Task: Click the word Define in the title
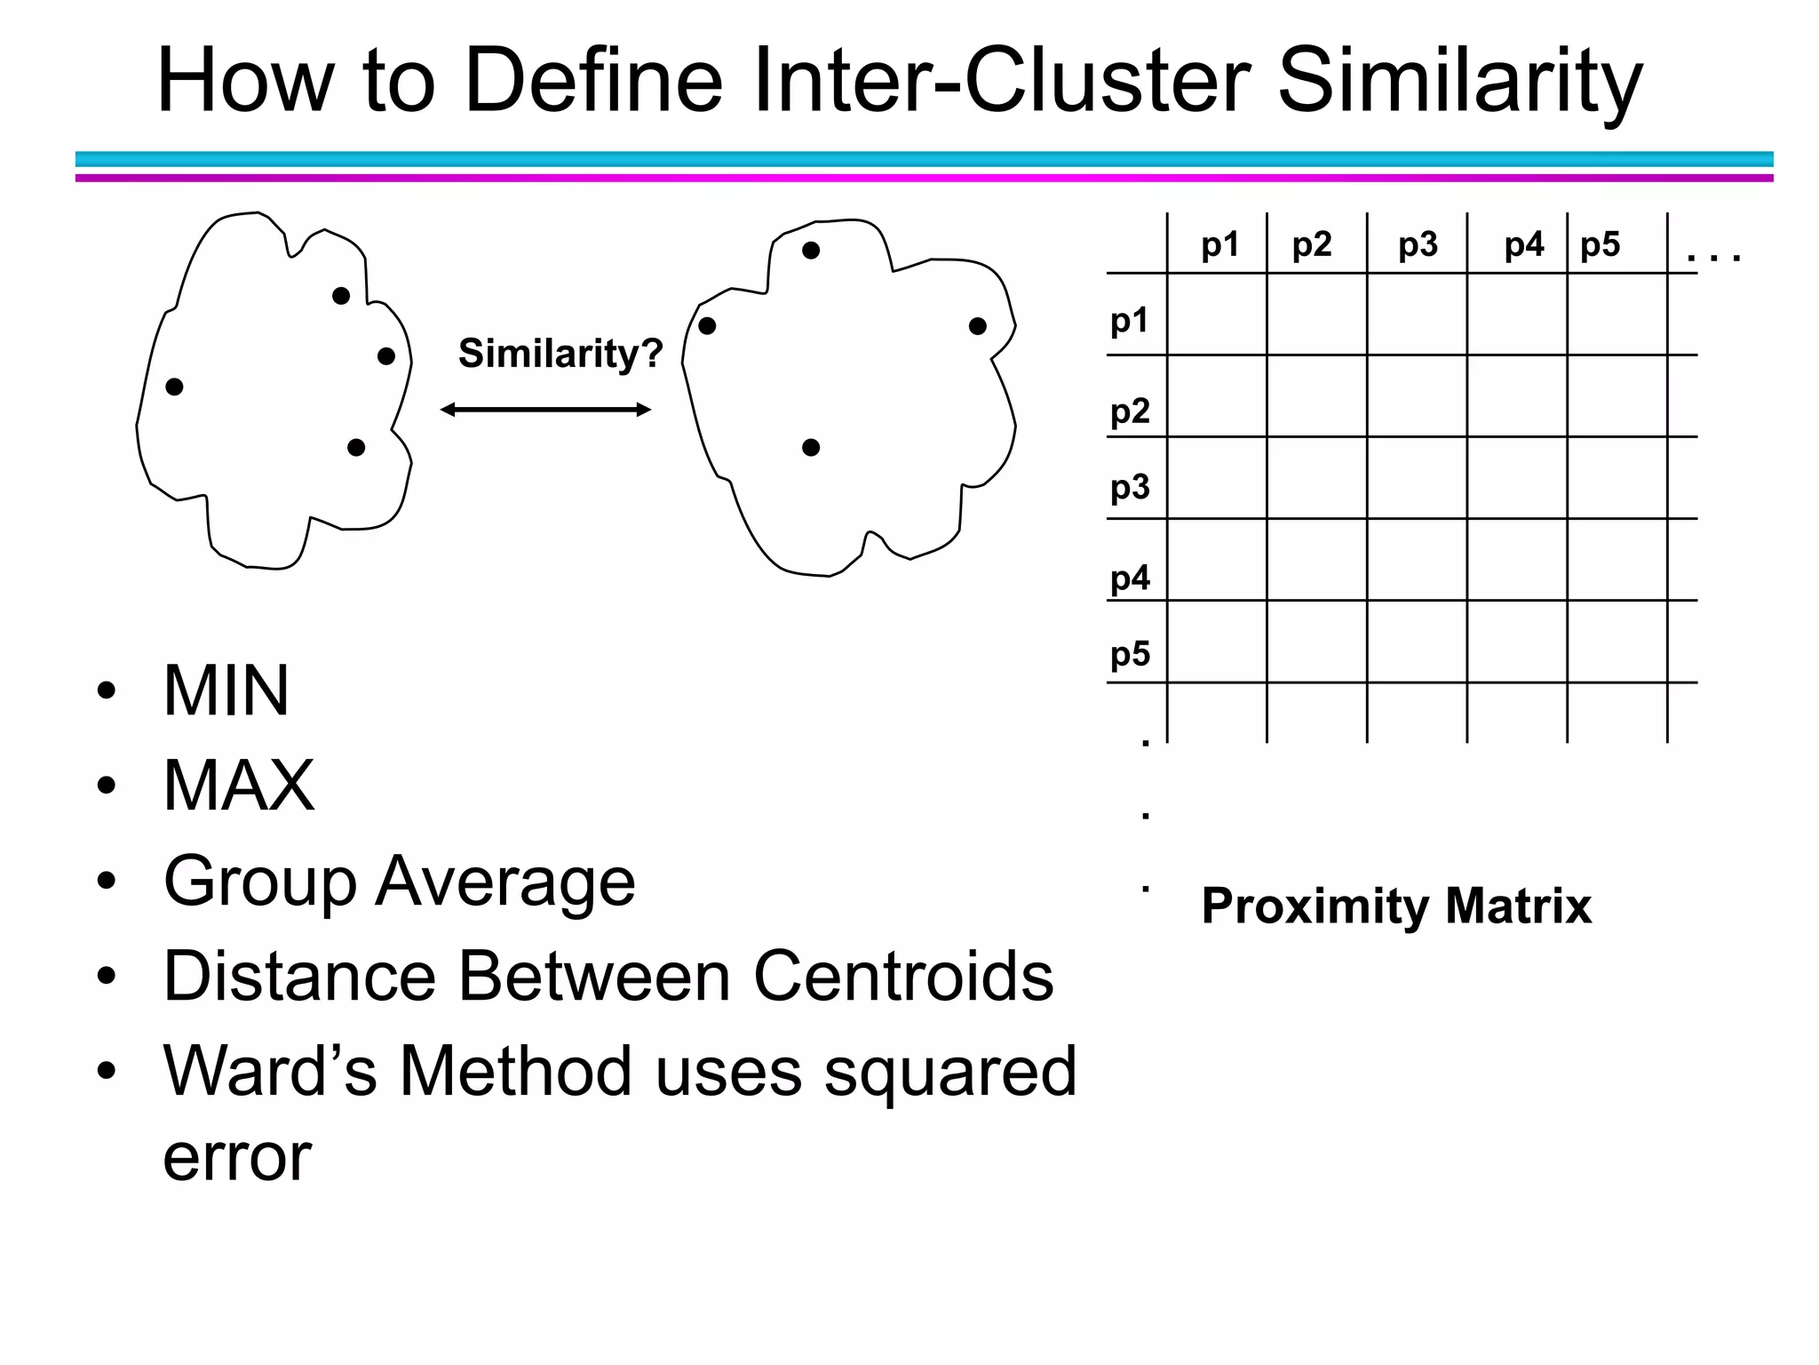[x=593, y=81]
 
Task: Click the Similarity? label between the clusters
[x=560, y=354]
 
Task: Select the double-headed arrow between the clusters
[x=546, y=410]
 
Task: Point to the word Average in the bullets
[x=505, y=881]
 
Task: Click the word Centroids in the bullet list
[x=903, y=976]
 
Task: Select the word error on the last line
[x=237, y=1157]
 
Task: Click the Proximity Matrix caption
[x=1396, y=906]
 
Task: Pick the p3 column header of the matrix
[x=1418, y=244]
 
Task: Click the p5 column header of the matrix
[x=1601, y=244]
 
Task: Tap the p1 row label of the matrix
[x=1130, y=320]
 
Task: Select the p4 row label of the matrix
[x=1130, y=579]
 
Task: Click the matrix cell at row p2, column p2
[x=1316, y=395]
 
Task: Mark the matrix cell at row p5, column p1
[x=1217, y=642]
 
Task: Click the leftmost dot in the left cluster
[x=175, y=387]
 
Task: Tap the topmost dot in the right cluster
[x=811, y=251]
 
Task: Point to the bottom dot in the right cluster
[x=811, y=448]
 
